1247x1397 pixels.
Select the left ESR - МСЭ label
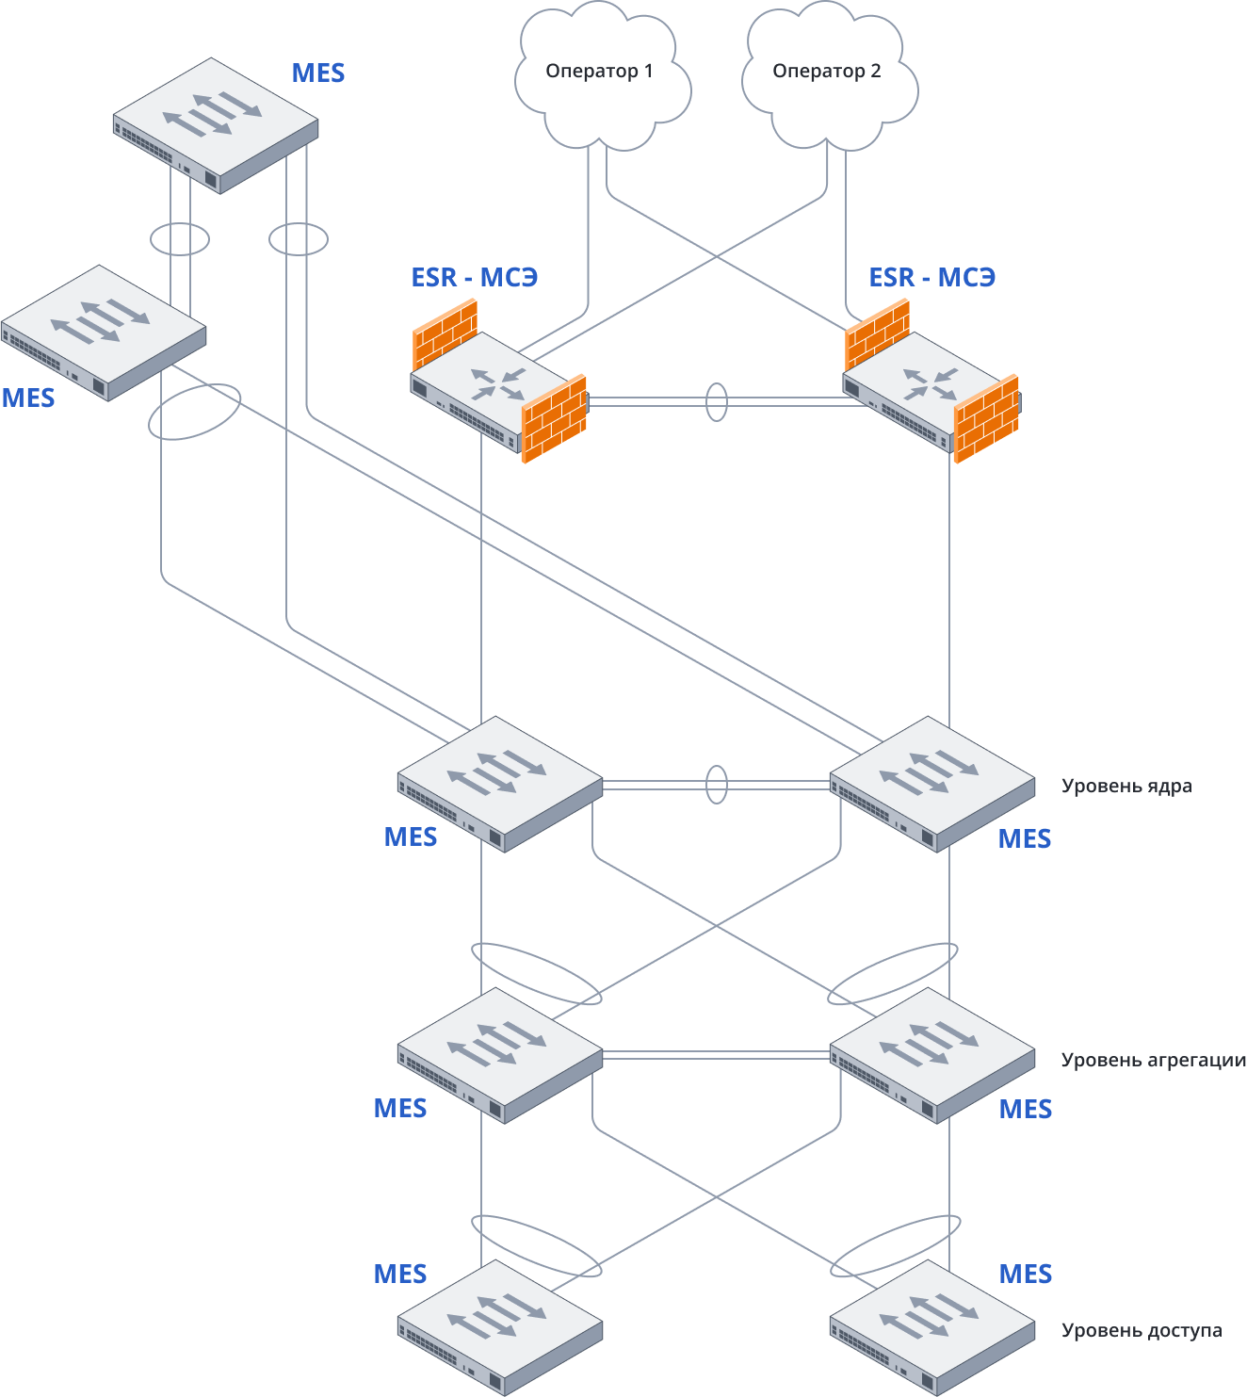(474, 278)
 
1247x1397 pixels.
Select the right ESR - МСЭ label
(931, 278)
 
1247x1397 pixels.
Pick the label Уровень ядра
(1126, 786)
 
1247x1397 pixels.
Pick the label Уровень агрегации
(1153, 1060)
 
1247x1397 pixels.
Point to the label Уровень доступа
(1142, 1330)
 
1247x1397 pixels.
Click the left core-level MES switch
(499, 783)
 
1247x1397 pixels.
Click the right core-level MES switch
(931, 783)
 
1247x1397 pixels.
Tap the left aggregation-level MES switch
(499, 1054)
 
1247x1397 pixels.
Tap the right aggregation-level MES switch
(931, 1054)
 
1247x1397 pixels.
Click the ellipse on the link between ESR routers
(717, 402)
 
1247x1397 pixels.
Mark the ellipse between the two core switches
(717, 785)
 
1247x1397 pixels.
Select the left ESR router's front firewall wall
(555, 419)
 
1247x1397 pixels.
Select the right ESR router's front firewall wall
(986, 419)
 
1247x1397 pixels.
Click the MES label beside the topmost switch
(318, 73)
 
